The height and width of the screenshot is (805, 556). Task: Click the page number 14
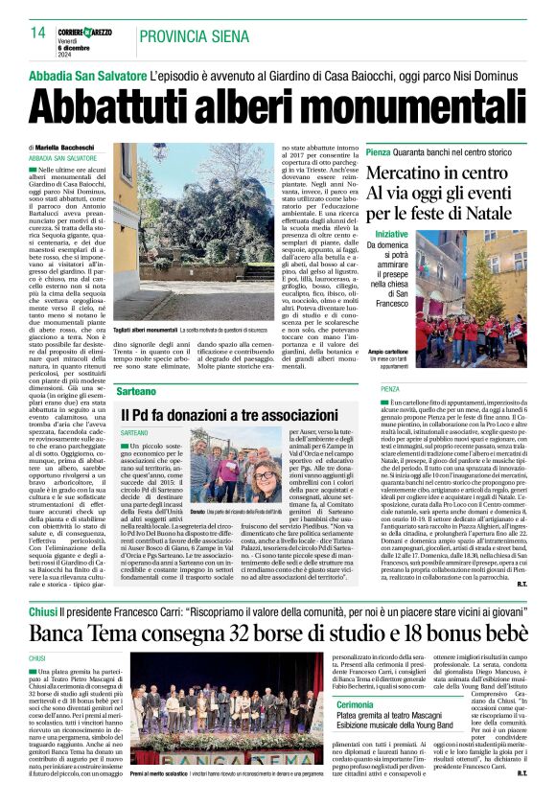click(x=38, y=34)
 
